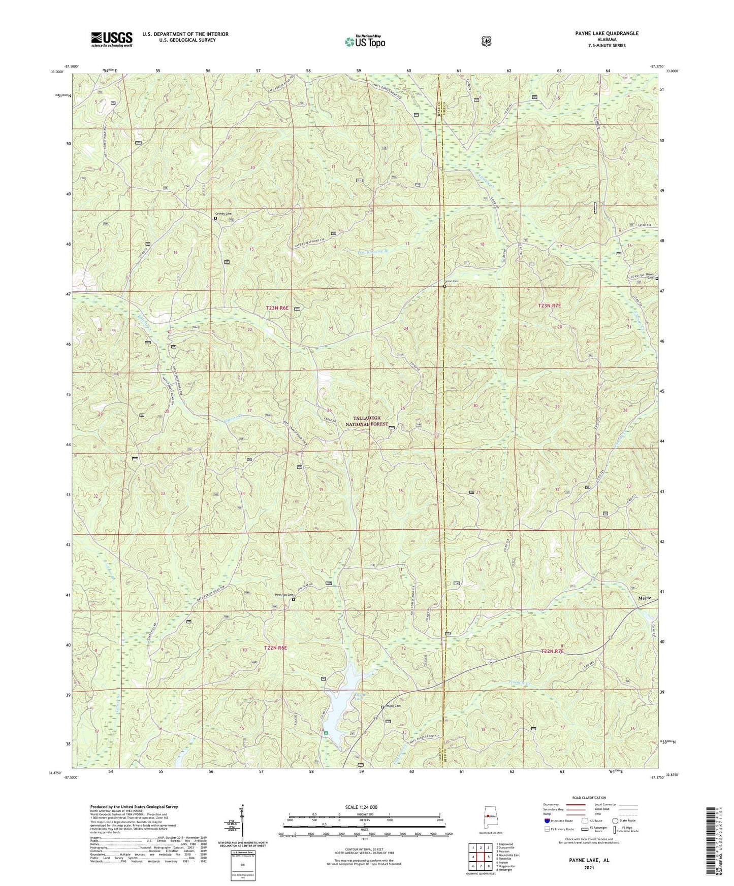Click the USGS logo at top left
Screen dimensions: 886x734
click(111, 39)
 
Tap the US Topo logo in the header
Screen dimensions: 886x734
click(364, 42)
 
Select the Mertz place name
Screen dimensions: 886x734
click(644, 598)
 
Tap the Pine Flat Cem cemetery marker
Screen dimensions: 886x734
click(293, 600)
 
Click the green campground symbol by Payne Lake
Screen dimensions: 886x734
click(326, 733)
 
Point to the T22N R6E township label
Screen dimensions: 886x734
click(275, 648)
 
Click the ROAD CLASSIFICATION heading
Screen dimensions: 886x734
click(589, 798)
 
